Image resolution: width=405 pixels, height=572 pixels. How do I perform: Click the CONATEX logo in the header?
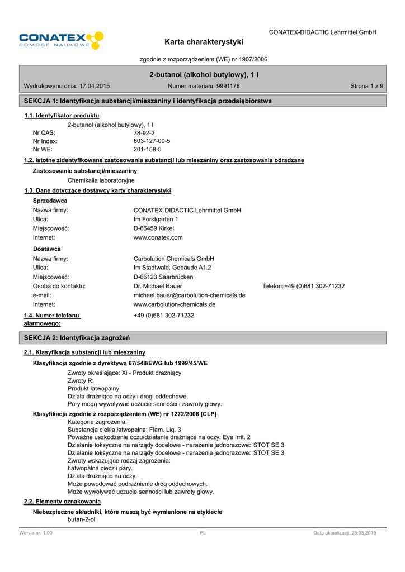coord(61,41)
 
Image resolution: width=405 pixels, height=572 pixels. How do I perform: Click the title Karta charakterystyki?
coord(204,42)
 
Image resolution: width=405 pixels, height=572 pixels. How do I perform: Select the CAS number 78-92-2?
coord(144,133)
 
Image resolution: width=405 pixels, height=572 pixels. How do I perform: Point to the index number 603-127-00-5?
coord(152,141)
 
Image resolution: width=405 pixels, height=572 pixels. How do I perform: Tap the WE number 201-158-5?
coord(147,150)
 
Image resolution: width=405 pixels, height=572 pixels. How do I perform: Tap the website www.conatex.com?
coord(158,237)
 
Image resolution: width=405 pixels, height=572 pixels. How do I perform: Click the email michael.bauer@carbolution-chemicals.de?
coord(189,295)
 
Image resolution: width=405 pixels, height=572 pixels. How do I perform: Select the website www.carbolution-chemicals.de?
coord(174,304)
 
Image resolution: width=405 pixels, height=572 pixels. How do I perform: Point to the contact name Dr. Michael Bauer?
coord(158,286)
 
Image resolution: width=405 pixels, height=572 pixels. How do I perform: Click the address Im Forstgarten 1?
coord(156,219)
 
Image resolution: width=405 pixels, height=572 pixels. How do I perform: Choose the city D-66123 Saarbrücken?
coord(163,277)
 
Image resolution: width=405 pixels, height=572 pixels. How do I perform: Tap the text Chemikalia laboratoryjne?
coord(101,180)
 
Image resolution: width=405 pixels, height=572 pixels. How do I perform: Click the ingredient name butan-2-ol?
coord(82,519)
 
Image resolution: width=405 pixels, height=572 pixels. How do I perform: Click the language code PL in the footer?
coord(202,533)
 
